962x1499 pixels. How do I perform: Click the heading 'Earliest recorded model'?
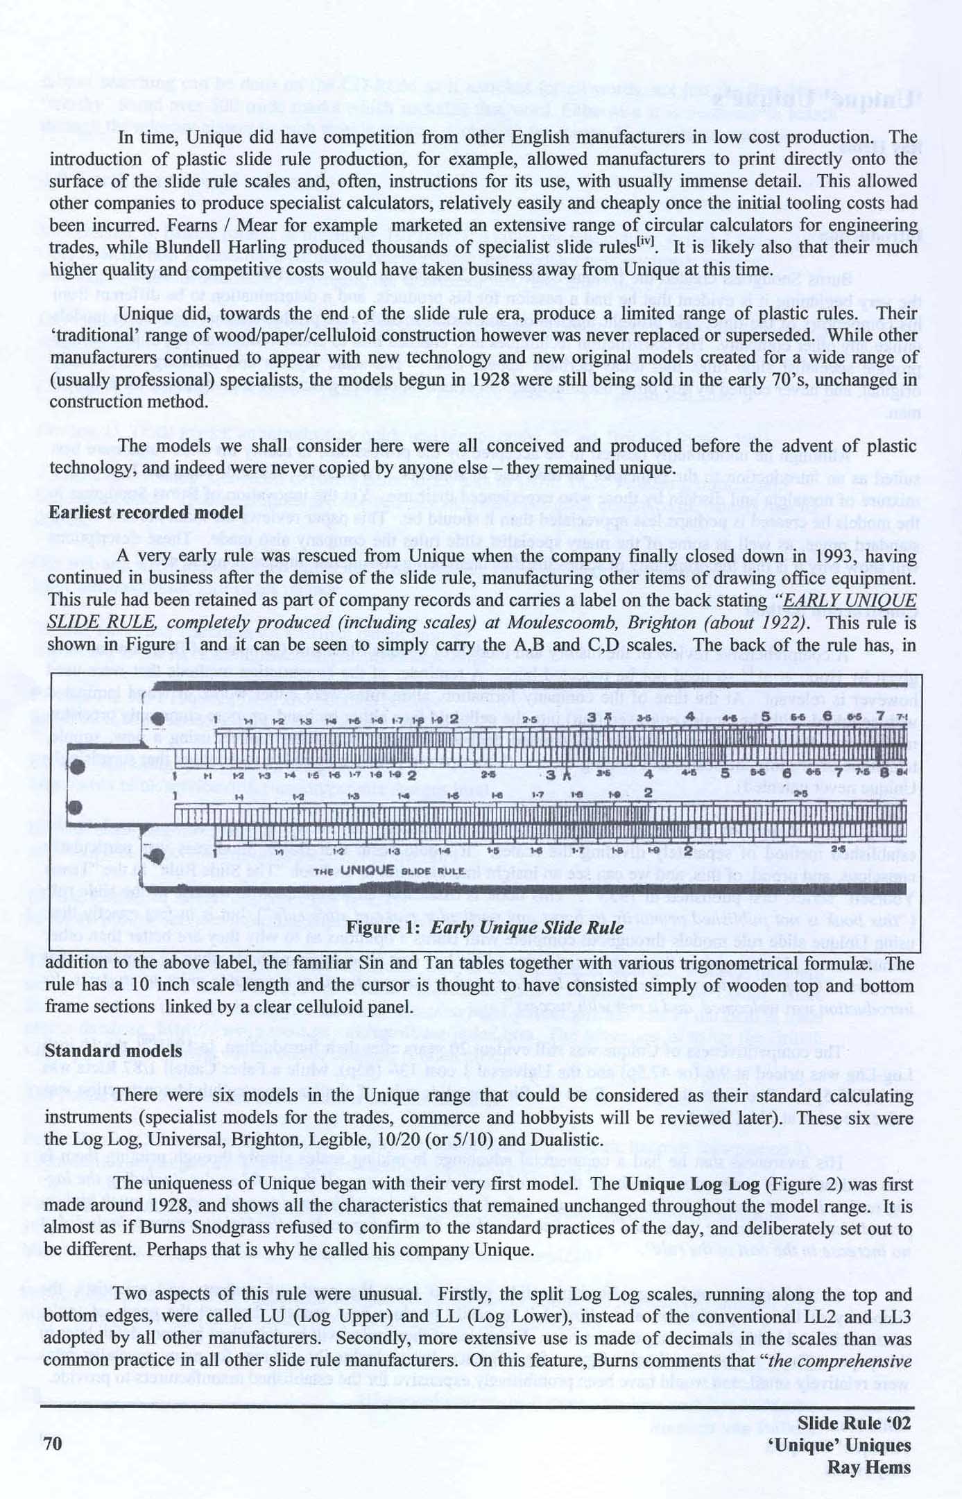pyautogui.click(x=146, y=512)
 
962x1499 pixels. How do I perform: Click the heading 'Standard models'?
pyautogui.click(x=113, y=1051)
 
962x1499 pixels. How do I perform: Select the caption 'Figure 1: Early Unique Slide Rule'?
pyautogui.click(x=484, y=928)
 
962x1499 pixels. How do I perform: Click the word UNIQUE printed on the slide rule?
pyautogui.click(x=367, y=870)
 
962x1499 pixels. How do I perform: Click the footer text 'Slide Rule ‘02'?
pyautogui.click(x=854, y=1423)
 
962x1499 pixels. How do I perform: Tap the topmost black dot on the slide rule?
pyautogui.click(x=157, y=719)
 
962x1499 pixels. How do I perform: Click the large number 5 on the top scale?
pyautogui.click(x=766, y=716)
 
